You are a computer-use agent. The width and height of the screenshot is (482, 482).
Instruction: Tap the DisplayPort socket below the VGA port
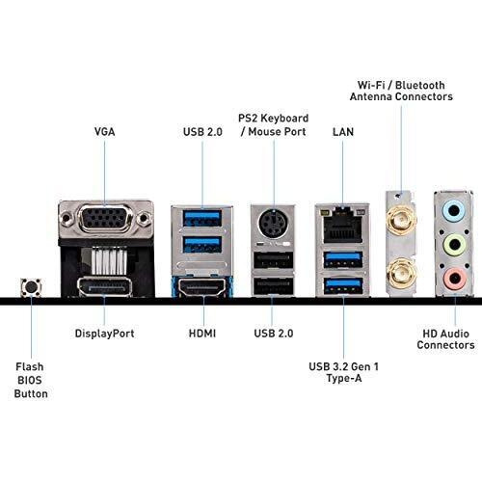[x=106, y=286]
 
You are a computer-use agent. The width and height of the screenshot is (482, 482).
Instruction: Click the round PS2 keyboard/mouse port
[x=273, y=222]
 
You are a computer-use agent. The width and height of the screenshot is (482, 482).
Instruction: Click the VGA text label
[x=105, y=130]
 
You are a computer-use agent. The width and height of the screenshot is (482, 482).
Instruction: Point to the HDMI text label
[x=201, y=334]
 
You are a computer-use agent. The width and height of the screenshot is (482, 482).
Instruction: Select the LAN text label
[x=341, y=130]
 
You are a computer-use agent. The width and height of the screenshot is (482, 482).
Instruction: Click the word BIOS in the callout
[x=31, y=380]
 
